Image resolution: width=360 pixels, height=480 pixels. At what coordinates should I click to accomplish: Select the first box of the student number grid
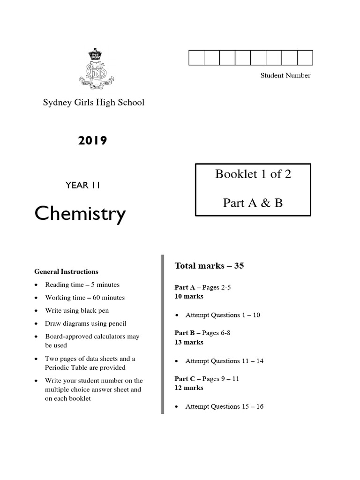pos(196,58)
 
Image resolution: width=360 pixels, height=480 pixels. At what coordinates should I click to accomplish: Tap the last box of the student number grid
pos(305,58)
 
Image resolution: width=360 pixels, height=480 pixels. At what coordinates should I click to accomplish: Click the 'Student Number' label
pos(285,75)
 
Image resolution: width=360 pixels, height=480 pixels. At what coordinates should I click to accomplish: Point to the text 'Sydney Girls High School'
pos(94,102)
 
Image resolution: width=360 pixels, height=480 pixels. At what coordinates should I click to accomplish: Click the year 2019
pos(92,141)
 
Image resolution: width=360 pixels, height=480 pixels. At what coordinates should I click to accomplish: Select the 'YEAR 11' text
pos(82,185)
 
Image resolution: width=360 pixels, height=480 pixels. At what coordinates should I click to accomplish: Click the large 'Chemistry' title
pos(80,214)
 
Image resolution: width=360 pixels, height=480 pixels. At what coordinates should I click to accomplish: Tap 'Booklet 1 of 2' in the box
pos(253,174)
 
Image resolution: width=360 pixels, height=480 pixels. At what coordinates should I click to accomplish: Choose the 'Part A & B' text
pos(253,203)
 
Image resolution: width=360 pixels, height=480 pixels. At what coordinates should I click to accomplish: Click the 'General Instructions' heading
pos(66,271)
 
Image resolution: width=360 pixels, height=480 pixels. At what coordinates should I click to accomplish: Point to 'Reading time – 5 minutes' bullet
pos(82,285)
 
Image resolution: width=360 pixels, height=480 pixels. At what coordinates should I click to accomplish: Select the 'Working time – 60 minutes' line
pos(85,298)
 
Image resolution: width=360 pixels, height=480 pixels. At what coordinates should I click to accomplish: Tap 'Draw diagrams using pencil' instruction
pos(85,323)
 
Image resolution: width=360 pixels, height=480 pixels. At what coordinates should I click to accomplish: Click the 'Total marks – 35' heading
pos(209,266)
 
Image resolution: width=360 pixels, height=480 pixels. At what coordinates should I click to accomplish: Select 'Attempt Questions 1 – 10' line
pos(223,315)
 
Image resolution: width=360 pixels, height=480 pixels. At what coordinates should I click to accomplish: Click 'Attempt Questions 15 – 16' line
pos(224,406)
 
